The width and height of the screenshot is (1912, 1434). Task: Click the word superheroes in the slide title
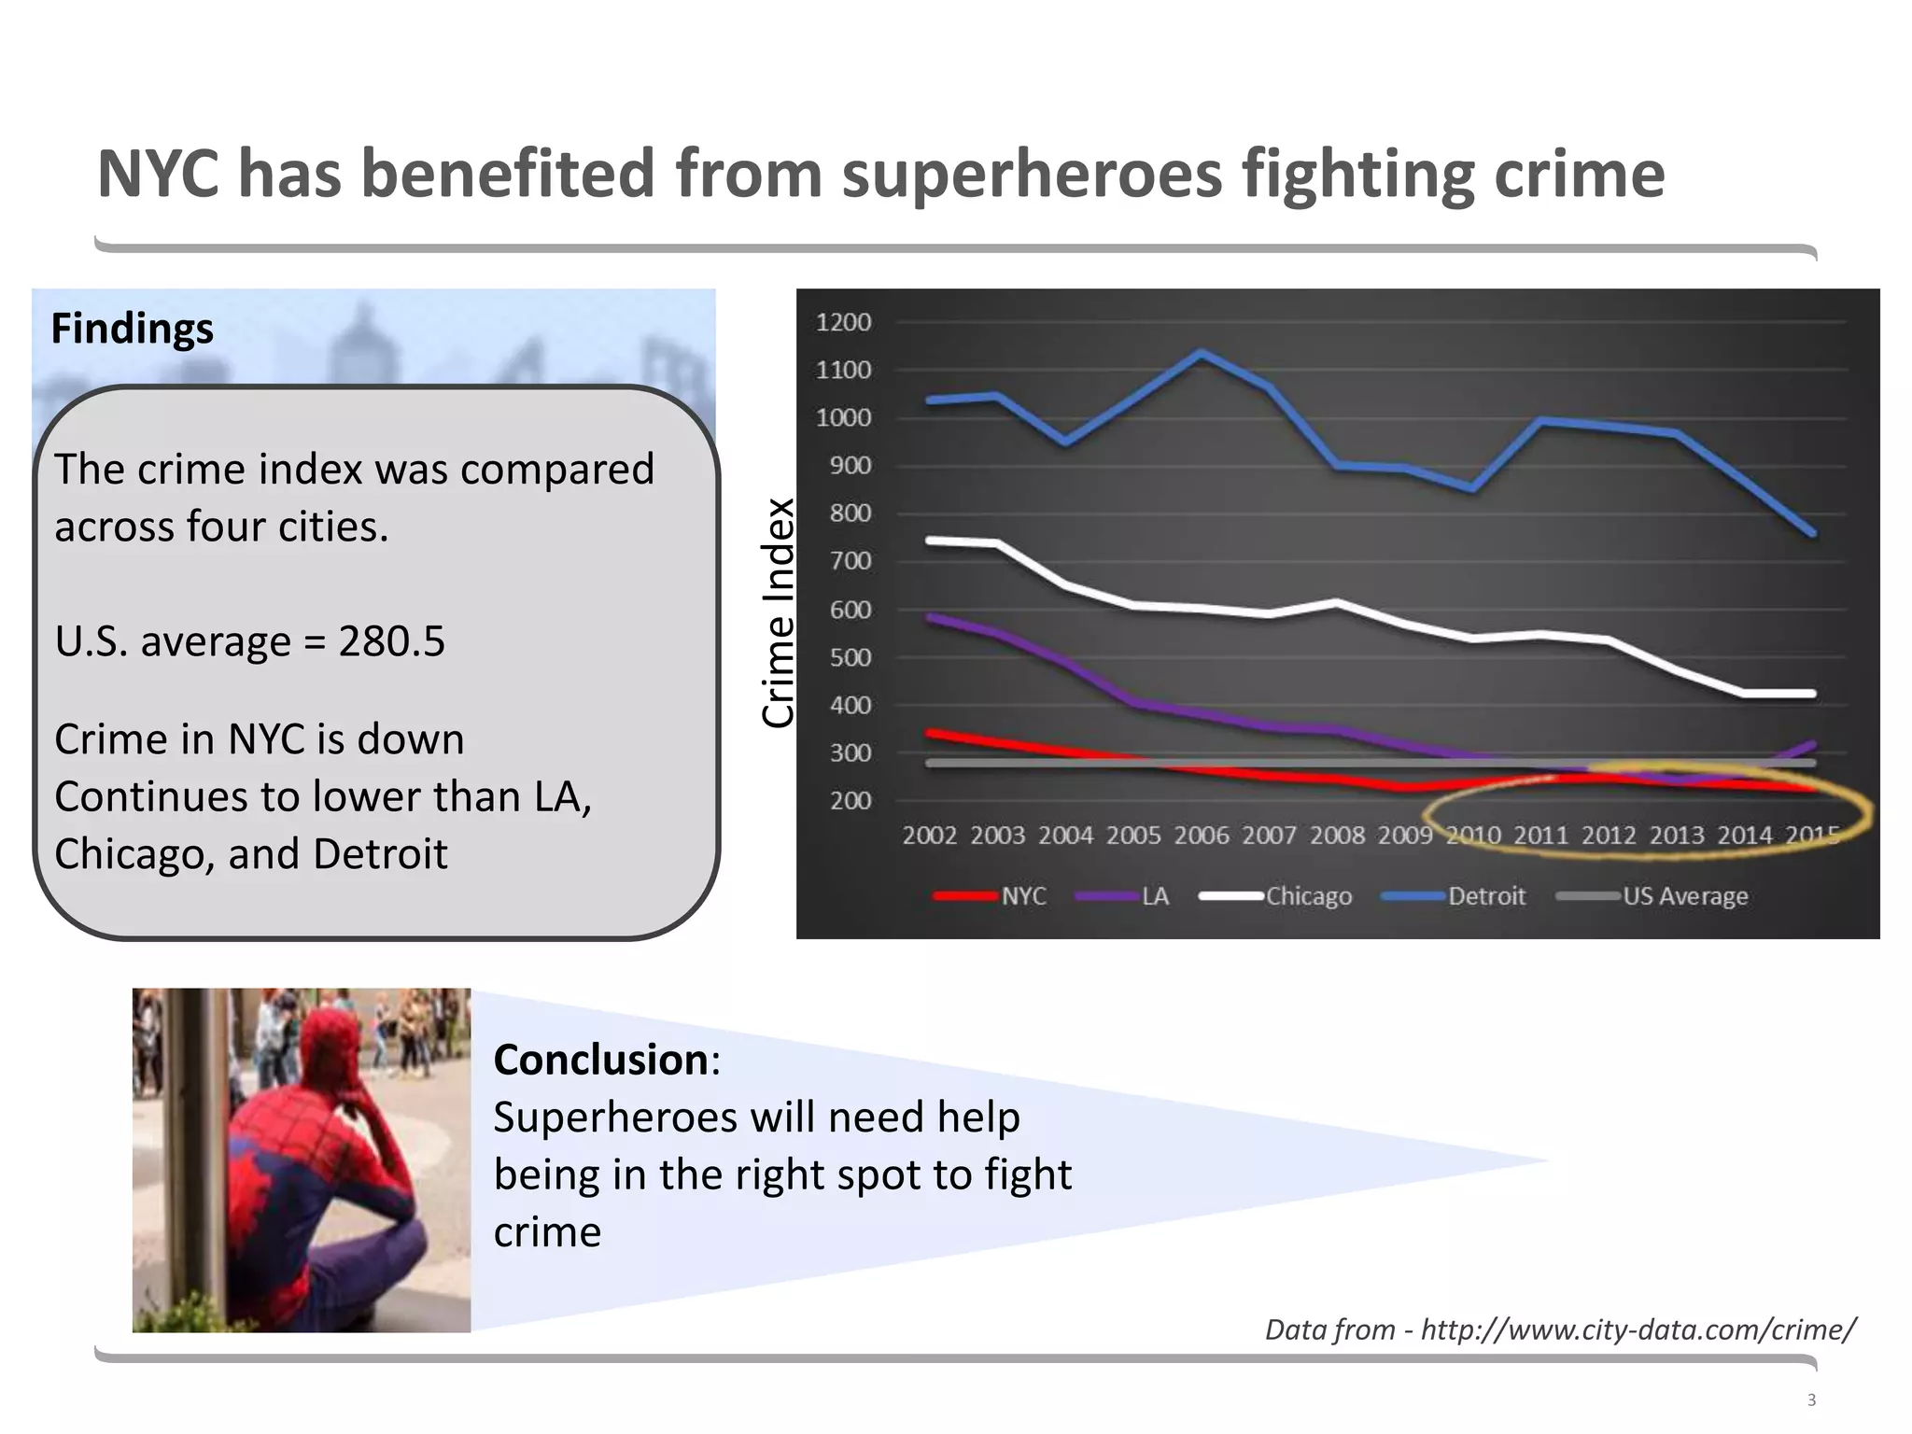click(1032, 175)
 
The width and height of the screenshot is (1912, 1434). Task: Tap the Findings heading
click(132, 329)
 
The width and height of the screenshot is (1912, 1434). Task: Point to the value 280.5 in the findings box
click(391, 641)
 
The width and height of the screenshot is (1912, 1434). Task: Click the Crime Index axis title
click(778, 612)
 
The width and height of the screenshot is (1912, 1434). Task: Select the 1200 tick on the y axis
click(843, 322)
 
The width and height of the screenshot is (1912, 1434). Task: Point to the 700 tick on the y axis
click(850, 561)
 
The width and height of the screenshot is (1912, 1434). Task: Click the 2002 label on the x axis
click(929, 835)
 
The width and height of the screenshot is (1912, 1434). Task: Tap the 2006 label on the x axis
click(1201, 835)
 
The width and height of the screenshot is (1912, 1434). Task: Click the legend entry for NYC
click(1023, 896)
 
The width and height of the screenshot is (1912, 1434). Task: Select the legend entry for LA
click(1155, 896)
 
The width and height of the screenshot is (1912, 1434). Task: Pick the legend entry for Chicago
click(1308, 896)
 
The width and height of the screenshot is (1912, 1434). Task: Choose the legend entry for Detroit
click(1486, 896)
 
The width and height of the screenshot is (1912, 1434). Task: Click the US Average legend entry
click(1684, 896)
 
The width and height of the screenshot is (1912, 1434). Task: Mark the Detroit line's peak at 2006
click(1202, 353)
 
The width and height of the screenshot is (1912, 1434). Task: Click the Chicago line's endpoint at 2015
click(1812, 694)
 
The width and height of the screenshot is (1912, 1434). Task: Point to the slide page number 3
click(1811, 1399)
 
